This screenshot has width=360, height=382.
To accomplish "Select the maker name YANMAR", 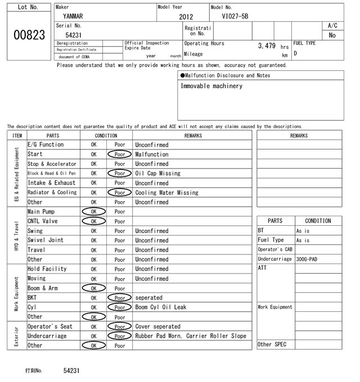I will (73, 17).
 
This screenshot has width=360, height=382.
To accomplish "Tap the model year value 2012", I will (186, 17).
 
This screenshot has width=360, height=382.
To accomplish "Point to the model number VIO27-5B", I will (235, 17).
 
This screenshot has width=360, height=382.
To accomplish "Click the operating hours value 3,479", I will (267, 45).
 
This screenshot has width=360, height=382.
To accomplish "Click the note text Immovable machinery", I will (211, 87).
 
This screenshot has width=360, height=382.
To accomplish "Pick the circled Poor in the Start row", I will (119, 154).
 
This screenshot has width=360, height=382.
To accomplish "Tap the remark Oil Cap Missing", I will (157, 174).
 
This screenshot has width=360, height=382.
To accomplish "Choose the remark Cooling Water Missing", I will (166, 193).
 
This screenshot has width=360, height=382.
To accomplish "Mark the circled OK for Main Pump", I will (93, 212).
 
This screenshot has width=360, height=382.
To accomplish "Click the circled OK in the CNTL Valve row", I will (93, 221).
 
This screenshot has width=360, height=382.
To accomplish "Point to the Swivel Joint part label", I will (45, 240).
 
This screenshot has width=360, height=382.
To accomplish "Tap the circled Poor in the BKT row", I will (119, 298).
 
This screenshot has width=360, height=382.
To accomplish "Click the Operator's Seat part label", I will (50, 326).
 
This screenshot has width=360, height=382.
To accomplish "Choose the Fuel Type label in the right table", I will (271, 240).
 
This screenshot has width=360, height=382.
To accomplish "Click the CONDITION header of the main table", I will (106, 135).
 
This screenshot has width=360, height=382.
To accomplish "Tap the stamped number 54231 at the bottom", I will (71, 371).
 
